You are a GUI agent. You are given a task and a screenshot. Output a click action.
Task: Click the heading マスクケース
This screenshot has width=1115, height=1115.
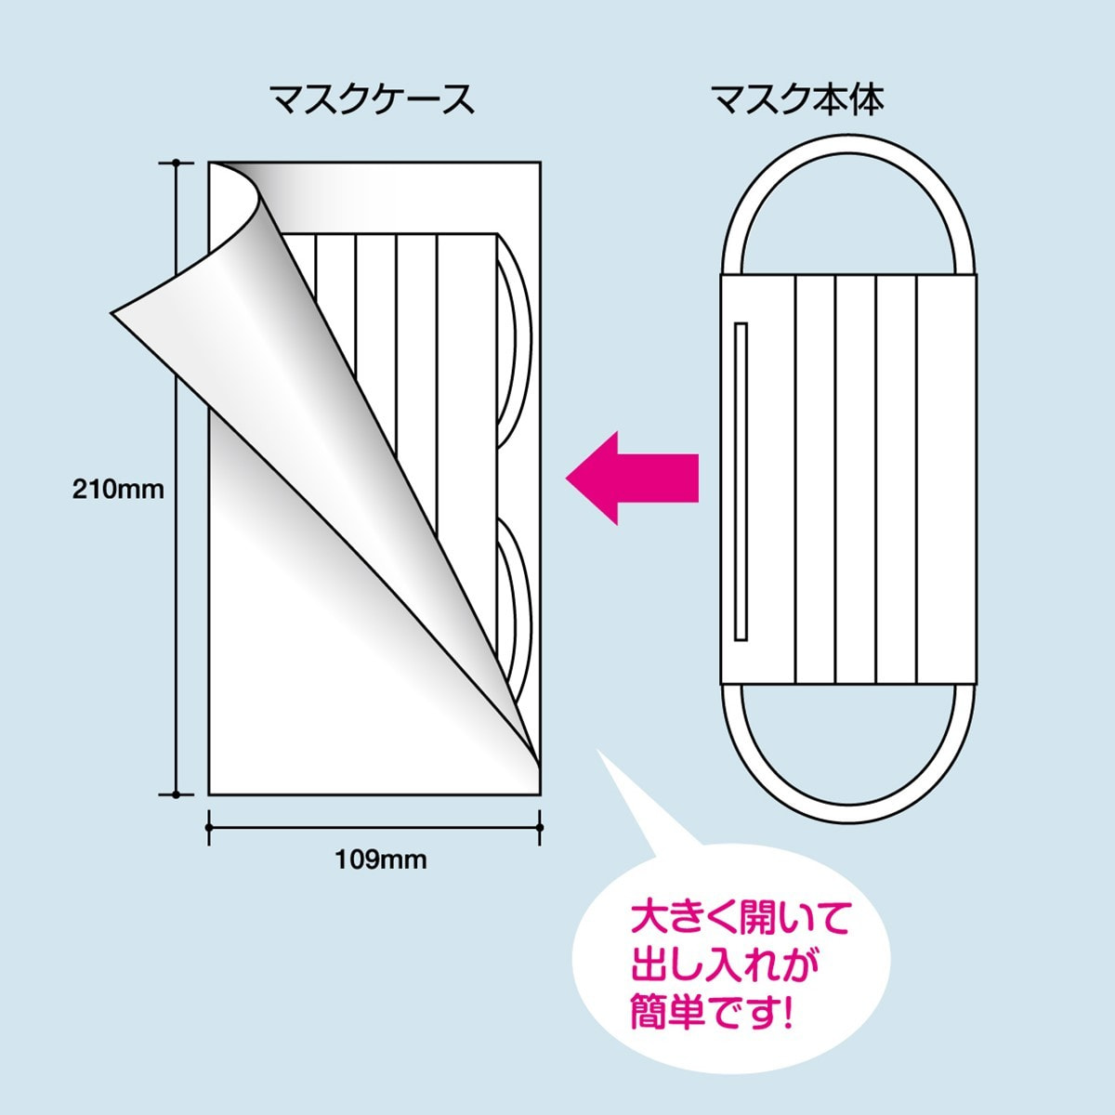point(372,98)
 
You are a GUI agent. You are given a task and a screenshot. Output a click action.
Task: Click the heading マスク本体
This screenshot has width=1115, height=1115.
point(796,98)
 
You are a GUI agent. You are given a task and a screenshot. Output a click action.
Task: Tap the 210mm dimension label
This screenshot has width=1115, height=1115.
point(118,489)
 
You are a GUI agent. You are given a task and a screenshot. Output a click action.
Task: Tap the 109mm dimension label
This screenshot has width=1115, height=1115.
point(381,859)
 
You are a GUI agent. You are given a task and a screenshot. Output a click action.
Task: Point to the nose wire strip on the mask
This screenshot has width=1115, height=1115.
point(741,481)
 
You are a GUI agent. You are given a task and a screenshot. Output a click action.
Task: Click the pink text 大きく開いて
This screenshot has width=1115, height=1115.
point(741,921)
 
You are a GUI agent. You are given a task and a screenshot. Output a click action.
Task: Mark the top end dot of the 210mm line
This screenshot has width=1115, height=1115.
point(176,164)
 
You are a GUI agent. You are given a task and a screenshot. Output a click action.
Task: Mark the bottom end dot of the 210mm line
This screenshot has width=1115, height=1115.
point(176,794)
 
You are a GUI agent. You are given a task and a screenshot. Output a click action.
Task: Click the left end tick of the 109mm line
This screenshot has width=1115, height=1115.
point(209,826)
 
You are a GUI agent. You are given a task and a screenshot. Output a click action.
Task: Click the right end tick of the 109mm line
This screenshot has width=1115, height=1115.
point(540,826)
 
